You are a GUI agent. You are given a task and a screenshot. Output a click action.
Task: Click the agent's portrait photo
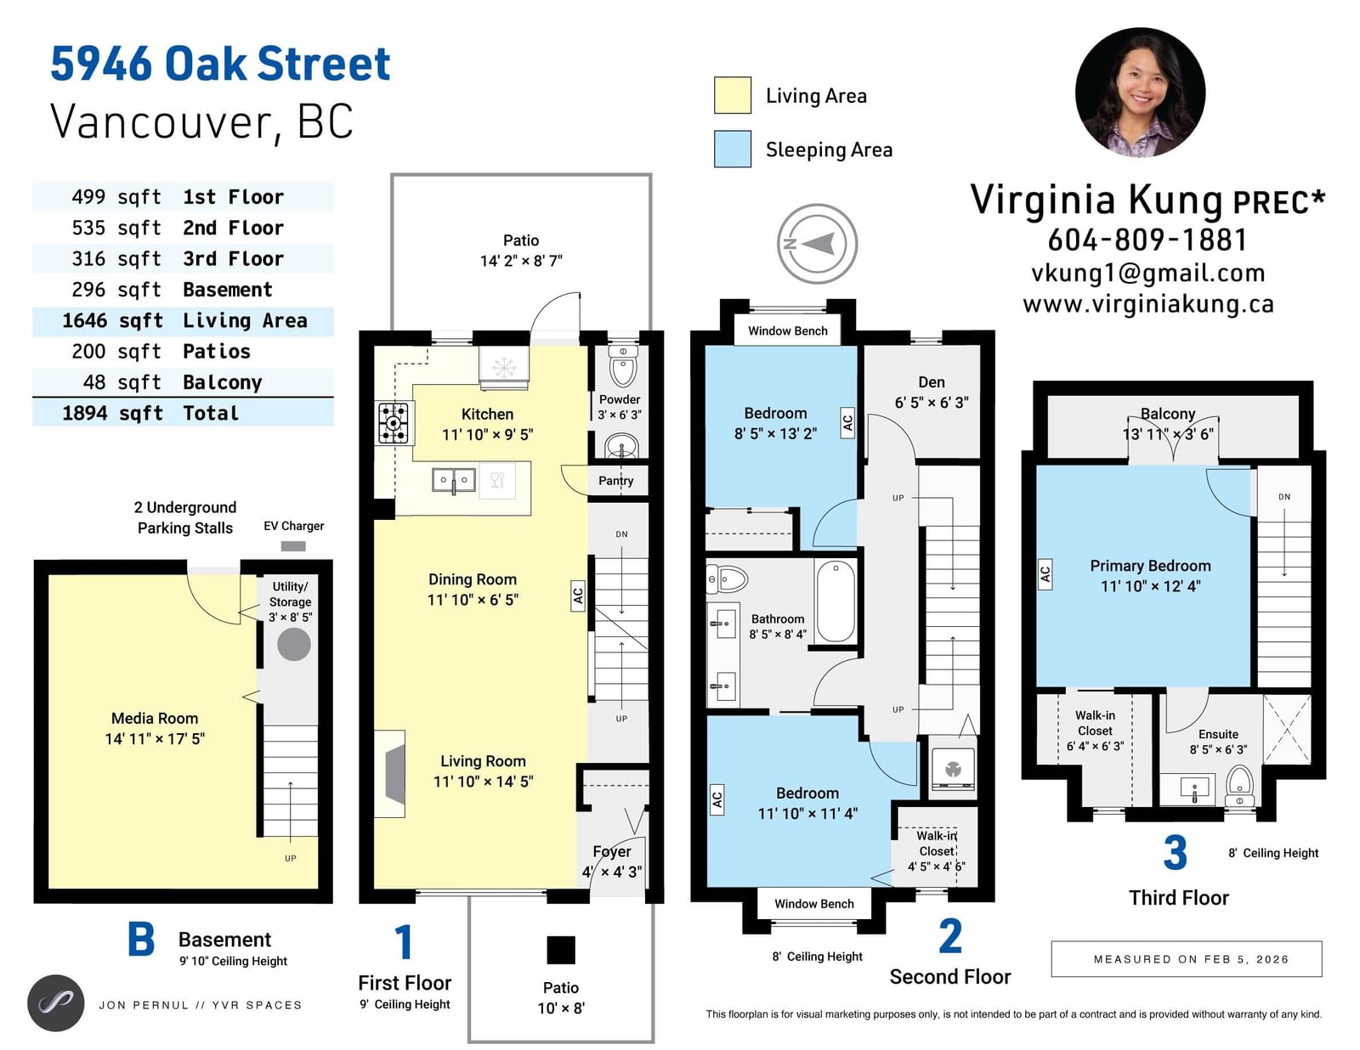coord(1140,92)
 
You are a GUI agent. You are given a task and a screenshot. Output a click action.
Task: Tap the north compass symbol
coord(817,243)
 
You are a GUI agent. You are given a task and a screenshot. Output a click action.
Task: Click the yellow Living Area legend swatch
coord(732,95)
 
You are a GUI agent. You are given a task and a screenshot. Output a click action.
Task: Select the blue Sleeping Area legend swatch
coord(732,149)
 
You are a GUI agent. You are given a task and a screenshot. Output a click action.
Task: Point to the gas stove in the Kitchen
coord(393,423)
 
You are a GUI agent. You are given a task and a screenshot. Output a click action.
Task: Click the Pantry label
coord(616,481)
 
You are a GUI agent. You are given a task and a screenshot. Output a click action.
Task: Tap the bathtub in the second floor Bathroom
coord(835,601)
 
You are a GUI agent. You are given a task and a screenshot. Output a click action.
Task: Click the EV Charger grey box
coord(293,546)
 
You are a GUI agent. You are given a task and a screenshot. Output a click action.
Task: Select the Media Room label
coord(155,719)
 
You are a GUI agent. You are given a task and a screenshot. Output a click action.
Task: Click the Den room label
coord(932,382)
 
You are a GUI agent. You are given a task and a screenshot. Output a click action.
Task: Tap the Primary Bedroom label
coord(1150,566)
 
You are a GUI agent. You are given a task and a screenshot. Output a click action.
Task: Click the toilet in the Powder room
coord(623,365)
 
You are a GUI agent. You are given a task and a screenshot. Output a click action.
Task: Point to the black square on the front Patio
coord(561,949)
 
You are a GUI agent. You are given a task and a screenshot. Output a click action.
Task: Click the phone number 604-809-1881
coord(1147,240)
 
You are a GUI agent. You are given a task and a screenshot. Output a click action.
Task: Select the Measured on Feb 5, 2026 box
coord(1186,959)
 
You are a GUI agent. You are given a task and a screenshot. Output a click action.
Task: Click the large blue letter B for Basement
coord(141,939)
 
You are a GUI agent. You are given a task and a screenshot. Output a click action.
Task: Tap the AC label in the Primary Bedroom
coord(1045,574)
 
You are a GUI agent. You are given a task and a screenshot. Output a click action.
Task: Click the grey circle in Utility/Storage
coord(293,644)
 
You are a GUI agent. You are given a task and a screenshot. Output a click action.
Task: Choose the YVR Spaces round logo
coord(56,1003)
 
